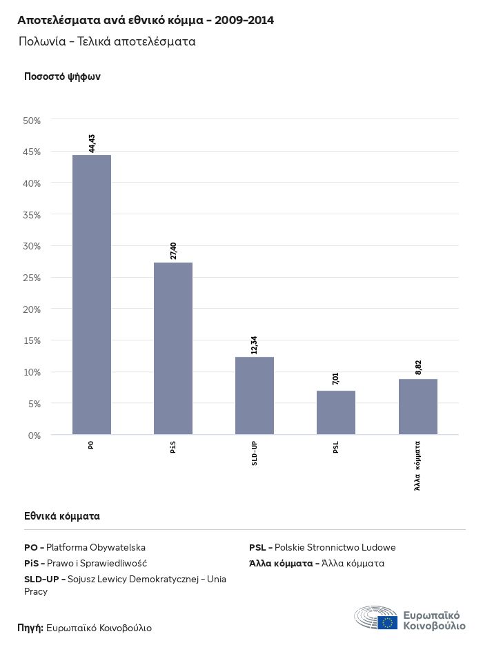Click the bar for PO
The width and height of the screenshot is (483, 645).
tap(92, 295)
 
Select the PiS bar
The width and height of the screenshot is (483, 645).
tap(173, 348)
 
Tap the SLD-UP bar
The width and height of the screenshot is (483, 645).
tap(255, 396)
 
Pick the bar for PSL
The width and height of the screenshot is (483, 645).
tap(336, 412)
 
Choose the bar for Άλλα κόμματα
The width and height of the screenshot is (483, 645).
tap(418, 407)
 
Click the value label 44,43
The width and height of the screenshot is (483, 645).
tap(92, 143)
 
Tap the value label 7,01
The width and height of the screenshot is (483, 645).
tap(336, 379)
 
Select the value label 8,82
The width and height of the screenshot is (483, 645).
tap(418, 367)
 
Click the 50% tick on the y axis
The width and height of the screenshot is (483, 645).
tap(32, 121)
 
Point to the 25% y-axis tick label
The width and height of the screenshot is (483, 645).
tap(32, 278)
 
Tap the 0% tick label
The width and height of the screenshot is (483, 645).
tap(34, 435)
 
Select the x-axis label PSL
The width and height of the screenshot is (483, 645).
tap(336, 448)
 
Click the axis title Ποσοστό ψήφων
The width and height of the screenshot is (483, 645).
tap(62, 76)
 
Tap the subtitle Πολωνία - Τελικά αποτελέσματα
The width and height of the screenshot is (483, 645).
tap(108, 41)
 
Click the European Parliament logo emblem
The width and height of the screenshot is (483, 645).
tap(376, 617)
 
